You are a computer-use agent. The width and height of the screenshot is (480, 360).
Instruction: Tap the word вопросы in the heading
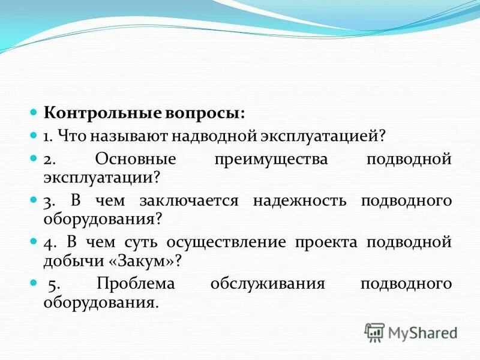click(x=204, y=113)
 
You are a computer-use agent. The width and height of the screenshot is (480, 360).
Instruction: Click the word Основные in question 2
click(x=135, y=160)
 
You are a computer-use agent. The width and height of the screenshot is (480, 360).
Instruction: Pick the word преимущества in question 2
click(x=271, y=160)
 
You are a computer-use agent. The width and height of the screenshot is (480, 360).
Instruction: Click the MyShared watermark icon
click(x=374, y=332)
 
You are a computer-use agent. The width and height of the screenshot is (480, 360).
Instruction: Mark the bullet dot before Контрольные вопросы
click(x=34, y=113)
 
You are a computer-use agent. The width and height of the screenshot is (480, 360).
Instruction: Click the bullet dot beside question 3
click(x=34, y=201)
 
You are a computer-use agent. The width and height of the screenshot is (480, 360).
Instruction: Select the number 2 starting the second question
click(x=47, y=160)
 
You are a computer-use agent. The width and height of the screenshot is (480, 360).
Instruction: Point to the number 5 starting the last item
click(x=51, y=284)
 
